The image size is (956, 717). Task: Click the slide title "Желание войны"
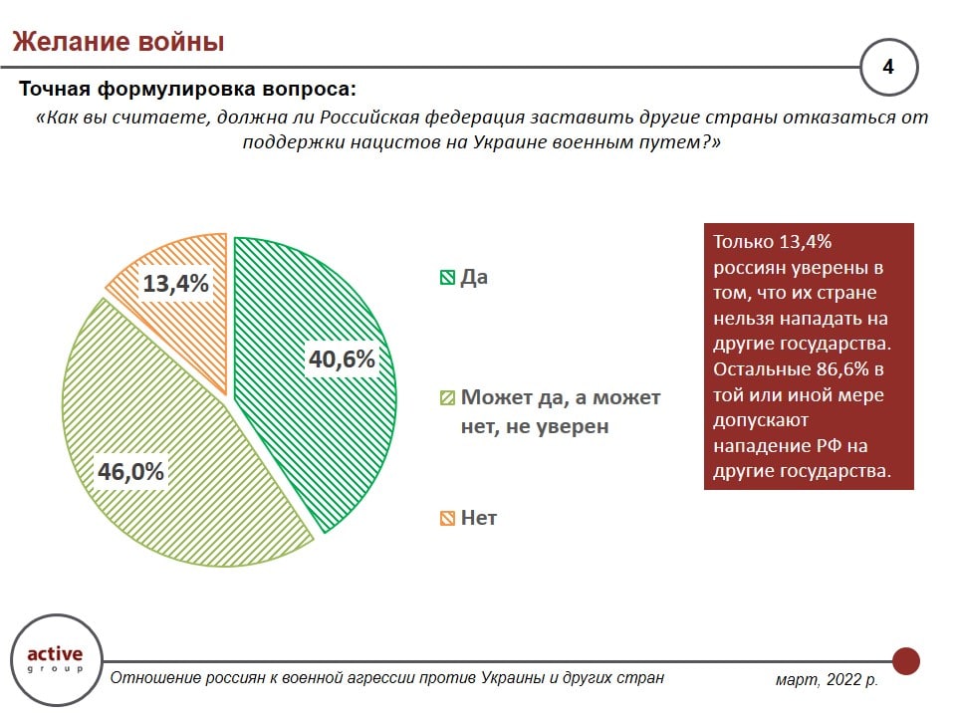point(118,42)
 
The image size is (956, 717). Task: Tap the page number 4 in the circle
point(887,68)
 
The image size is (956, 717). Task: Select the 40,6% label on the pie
point(342,358)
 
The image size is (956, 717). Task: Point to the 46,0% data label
point(130,470)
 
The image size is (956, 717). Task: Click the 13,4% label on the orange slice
point(176,284)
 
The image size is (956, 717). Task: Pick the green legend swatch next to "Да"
point(447,278)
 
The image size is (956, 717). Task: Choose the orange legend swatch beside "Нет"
point(447,518)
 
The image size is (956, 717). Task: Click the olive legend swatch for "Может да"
point(447,398)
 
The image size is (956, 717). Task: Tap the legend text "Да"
point(474,278)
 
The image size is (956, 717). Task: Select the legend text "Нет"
point(479,518)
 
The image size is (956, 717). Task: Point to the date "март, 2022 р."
point(827,680)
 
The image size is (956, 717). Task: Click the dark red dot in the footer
point(905,660)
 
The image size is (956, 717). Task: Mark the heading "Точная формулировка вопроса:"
point(187,90)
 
